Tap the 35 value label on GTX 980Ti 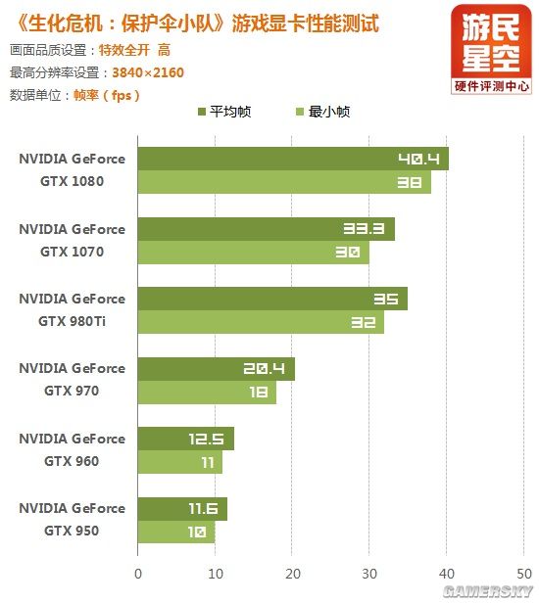tap(384, 299)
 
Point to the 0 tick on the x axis tap(138, 574)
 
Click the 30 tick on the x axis tap(369, 574)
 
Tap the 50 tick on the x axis tap(523, 574)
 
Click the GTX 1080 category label tap(72, 169)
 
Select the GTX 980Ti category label tap(72, 309)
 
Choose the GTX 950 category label tap(72, 519)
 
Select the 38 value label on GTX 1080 tap(409, 182)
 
